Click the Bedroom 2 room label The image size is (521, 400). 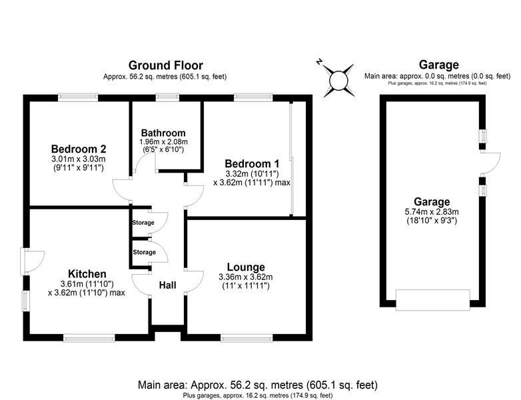(x=79, y=149)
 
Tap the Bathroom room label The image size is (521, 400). (x=163, y=133)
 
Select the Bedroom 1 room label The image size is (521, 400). (x=252, y=163)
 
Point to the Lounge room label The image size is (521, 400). (x=246, y=267)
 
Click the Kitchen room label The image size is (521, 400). (x=87, y=274)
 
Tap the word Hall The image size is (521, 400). (x=167, y=285)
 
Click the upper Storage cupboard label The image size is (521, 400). (x=143, y=223)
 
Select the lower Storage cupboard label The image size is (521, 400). (x=144, y=253)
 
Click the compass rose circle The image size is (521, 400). (x=338, y=81)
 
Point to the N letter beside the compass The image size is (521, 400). (x=319, y=61)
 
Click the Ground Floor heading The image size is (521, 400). (x=165, y=65)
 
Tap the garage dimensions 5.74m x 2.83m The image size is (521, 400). (x=432, y=212)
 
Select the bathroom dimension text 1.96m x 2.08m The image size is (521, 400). (x=163, y=142)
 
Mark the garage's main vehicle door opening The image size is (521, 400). (x=432, y=300)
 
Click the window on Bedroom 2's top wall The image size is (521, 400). (x=78, y=97)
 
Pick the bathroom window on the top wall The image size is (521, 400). (x=167, y=97)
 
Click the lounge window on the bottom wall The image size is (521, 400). (x=247, y=339)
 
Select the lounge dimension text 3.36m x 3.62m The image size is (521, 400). (x=246, y=277)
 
